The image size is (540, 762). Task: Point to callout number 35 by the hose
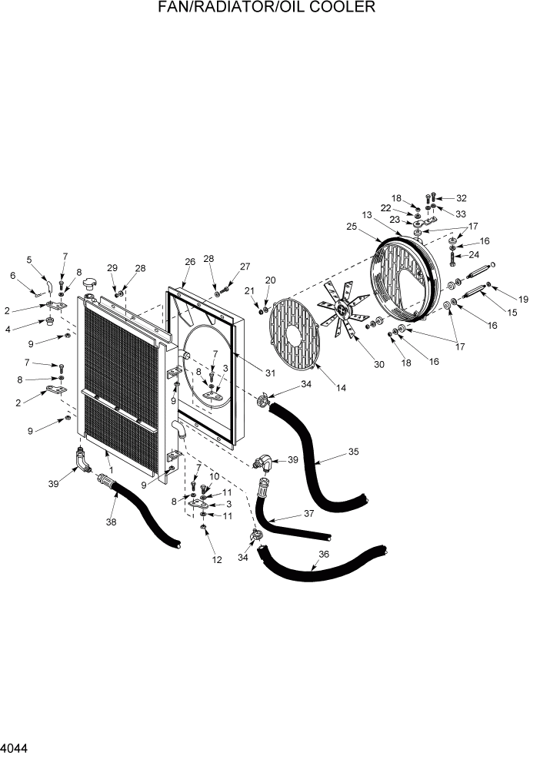point(353,452)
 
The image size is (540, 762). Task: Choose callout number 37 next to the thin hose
point(309,514)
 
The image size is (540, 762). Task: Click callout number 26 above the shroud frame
point(189,262)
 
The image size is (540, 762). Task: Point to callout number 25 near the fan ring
point(351,227)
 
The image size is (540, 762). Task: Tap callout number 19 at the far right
point(523,299)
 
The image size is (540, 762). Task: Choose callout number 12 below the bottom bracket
point(217,560)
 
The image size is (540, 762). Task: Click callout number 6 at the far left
point(12,275)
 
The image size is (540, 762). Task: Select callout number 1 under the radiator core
point(112,470)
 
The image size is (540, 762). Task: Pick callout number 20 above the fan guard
point(270,280)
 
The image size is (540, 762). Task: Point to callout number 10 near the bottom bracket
point(215,477)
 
